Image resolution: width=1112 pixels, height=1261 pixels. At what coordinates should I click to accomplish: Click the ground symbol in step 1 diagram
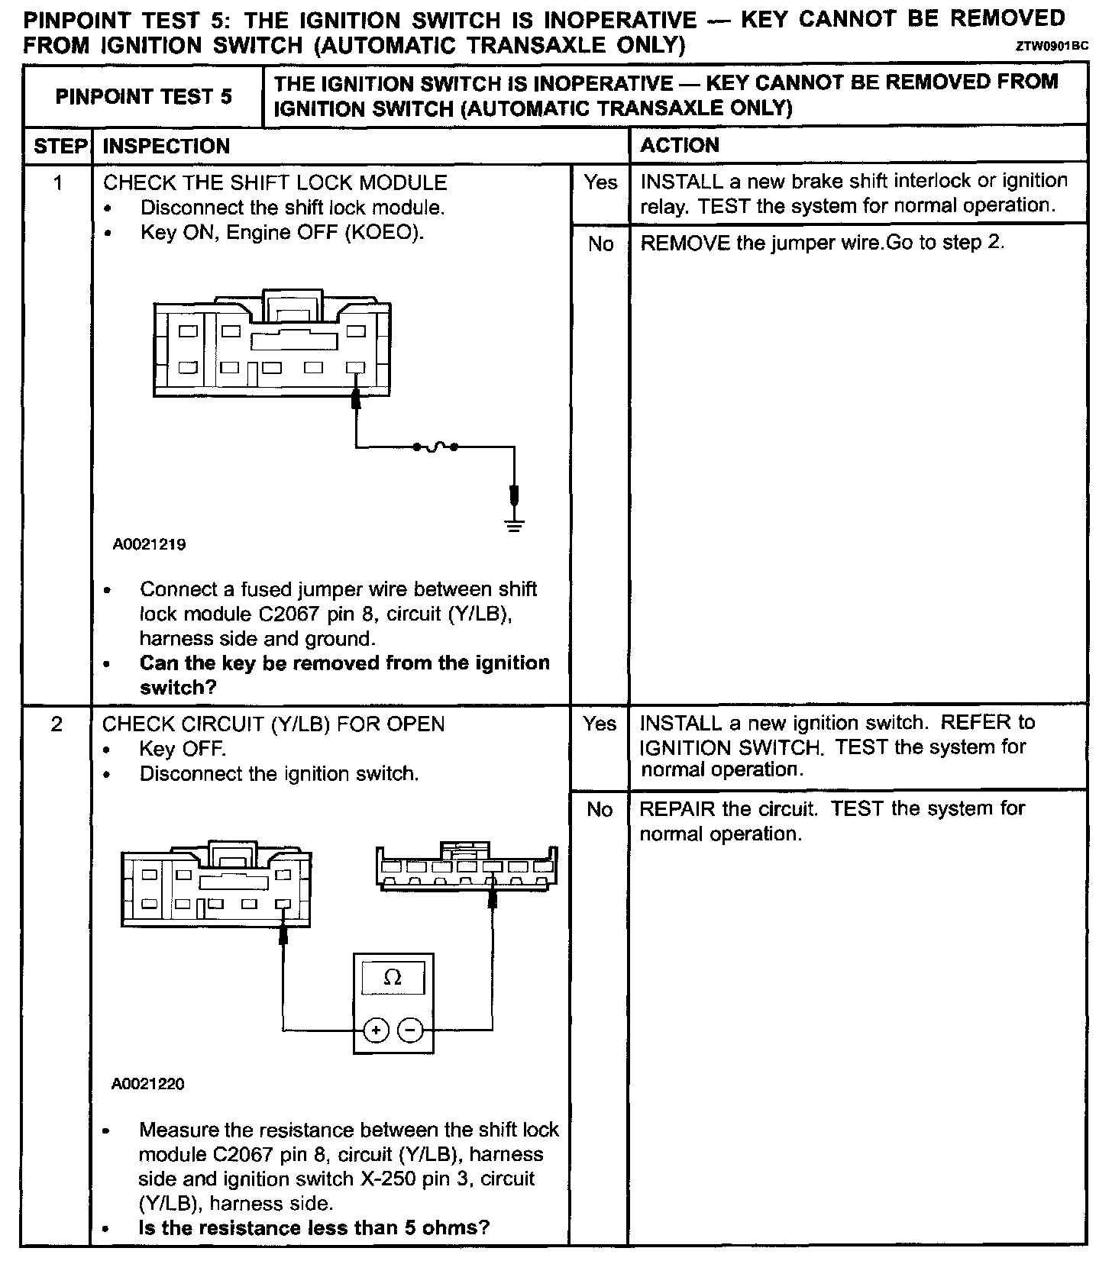coord(515,524)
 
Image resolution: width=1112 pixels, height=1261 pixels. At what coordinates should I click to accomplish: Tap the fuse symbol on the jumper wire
coord(435,447)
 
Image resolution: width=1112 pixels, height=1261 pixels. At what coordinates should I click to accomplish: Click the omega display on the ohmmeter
coord(393,977)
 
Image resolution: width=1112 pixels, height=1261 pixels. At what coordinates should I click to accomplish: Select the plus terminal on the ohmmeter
coord(375,1030)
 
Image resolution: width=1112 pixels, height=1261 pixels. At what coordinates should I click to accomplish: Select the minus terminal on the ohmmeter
coord(411,1030)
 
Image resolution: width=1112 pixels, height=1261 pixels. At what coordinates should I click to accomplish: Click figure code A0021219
coord(149,545)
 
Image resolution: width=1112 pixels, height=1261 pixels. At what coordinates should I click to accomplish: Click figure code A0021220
coord(148,1084)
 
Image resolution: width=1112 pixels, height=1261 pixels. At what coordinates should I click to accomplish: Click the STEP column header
coord(58,146)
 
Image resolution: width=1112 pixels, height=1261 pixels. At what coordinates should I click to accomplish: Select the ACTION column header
coord(680,145)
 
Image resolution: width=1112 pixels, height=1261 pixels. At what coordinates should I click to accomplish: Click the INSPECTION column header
coord(166,146)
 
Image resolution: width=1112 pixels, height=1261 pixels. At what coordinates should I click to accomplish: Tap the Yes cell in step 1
coord(600,182)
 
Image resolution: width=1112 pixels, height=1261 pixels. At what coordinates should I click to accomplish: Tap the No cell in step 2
coord(600,809)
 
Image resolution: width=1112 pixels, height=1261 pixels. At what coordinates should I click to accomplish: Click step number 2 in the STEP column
coord(57,724)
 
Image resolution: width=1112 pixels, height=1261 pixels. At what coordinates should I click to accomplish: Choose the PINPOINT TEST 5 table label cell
coord(144,97)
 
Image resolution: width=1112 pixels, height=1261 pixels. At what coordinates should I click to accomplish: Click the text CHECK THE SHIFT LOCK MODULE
coord(275,182)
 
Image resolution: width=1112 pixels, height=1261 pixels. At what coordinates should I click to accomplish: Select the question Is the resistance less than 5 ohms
coord(313,1228)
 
